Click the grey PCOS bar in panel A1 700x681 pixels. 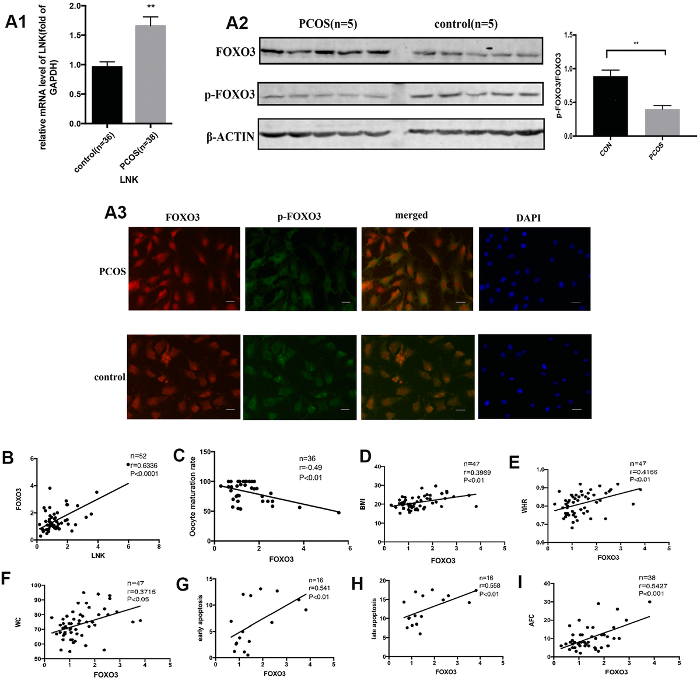[150, 75]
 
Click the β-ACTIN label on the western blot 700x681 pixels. [230, 137]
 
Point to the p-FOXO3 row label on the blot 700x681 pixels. [229, 94]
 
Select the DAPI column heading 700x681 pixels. [527, 217]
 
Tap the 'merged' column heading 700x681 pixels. [411, 215]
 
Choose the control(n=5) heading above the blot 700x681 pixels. [466, 24]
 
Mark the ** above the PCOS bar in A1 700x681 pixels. [150, 8]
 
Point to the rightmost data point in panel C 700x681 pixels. [339, 512]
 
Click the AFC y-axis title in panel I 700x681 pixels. [531, 618]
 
